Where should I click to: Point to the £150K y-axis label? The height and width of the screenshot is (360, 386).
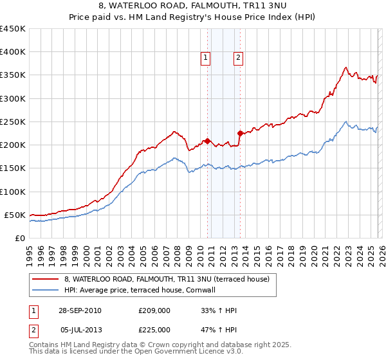12,168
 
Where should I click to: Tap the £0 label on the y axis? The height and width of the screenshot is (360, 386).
20,238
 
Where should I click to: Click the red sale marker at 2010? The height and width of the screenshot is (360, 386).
207,141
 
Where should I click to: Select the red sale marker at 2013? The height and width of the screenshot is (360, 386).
239,134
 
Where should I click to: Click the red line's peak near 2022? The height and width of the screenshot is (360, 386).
346,67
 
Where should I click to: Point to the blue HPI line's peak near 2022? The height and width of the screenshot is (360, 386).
346,122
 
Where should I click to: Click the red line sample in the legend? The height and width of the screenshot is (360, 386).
45,279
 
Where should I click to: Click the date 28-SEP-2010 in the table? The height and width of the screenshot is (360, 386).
80,310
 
